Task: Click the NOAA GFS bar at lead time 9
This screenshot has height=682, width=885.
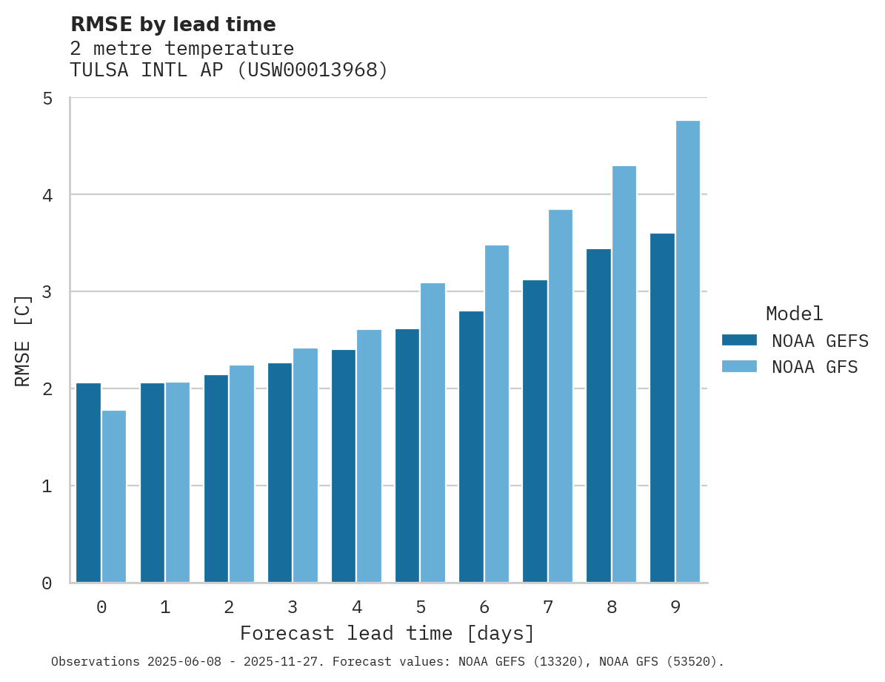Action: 688,351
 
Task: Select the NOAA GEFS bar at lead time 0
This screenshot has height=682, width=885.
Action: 88,483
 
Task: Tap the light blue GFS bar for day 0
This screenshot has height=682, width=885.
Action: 114,496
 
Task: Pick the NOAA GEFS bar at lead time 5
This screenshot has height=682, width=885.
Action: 407,455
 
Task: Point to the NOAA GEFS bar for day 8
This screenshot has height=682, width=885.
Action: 598,415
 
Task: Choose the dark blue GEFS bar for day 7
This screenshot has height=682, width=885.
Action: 535,431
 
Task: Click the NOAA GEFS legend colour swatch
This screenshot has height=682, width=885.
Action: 739,340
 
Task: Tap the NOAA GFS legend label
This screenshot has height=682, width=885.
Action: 815,367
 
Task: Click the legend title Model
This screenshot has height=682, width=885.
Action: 794,314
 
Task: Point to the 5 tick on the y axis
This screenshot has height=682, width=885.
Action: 47,98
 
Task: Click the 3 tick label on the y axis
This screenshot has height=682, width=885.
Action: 47,292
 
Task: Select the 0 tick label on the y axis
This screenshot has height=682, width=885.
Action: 47,583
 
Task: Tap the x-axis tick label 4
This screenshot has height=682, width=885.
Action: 357,608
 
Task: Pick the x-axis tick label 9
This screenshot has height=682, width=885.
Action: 675,608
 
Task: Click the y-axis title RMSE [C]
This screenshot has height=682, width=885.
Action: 23,340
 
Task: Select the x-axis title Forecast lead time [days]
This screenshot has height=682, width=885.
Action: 387,634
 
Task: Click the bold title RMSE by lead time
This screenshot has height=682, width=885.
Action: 173,24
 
